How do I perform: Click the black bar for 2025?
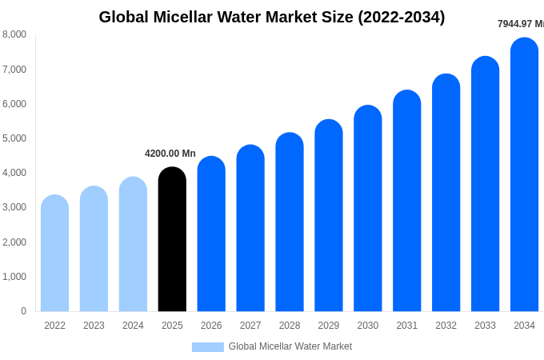[172, 240]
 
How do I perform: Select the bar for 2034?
[524, 176]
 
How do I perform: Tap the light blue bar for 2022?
[54, 254]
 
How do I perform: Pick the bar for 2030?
[368, 210]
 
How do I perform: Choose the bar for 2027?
[250, 230]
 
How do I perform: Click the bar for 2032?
[446, 194]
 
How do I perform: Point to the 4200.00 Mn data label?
[170, 154]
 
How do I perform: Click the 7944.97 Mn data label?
[520, 24]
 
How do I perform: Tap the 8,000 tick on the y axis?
[14, 34]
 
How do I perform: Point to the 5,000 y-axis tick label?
[14, 138]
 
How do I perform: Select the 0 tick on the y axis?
[23, 311]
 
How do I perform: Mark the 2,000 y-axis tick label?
[14, 242]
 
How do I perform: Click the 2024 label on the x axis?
[133, 326]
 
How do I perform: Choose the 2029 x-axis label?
[329, 326]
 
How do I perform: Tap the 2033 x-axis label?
[485, 326]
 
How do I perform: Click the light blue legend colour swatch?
[207, 347]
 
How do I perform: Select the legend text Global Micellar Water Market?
[290, 346]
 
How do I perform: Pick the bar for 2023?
[94, 250]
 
